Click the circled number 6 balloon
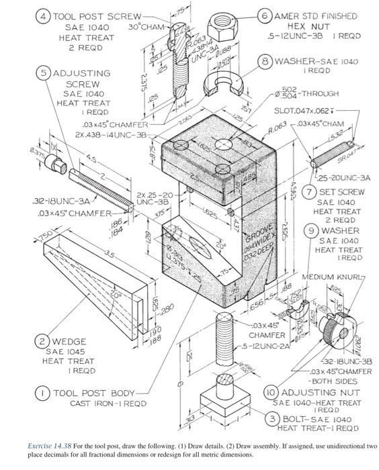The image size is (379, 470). coord(265,15)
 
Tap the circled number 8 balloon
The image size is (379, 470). coord(267,61)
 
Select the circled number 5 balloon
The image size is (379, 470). coord(44,72)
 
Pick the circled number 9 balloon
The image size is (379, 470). coord(310,231)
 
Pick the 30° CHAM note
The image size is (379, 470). coord(145,27)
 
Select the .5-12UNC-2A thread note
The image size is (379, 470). coord(267,346)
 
